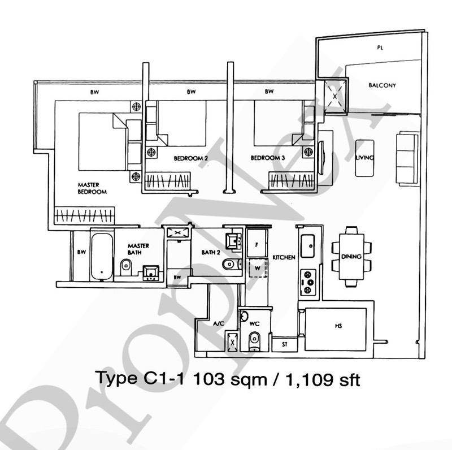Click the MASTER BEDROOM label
[92, 188]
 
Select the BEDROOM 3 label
[267, 159]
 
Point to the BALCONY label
[382, 85]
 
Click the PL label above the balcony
[380, 48]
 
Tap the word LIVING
[364, 158]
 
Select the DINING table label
[351, 257]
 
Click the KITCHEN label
[284, 257]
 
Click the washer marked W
[257, 269]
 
